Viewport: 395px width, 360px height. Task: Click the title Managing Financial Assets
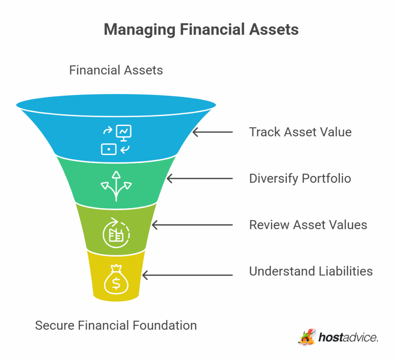pyautogui.click(x=201, y=30)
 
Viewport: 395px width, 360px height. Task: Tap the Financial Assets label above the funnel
pyautogui.click(x=116, y=70)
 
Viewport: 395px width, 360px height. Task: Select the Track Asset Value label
pyautogui.click(x=300, y=132)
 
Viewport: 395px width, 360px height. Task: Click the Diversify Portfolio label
pyautogui.click(x=300, y=178)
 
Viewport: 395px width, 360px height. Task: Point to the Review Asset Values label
pyautogui.click(x=308, y=225)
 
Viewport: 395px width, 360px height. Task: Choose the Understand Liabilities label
pyautogui.click(x=311, y=271)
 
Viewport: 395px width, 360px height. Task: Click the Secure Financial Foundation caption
pyautogui.click(x=116, y=325)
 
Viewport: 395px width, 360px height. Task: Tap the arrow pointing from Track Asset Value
pyautogui.click(x=213, y=132)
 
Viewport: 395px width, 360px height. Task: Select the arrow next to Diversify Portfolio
pyautogui.click(x=199, y=178)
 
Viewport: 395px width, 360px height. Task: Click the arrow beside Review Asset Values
pyautogui.click(x=192, y=225)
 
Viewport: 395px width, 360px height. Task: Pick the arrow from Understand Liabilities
pyautogui.click(x=187, y=275)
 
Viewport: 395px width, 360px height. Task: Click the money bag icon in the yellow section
pyautogui.click(x=116, y=278)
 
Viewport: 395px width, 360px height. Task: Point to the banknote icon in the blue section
pyautogui.click(x=109, y=149)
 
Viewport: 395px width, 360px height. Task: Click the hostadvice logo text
pyautogui.click(x=348, y=338)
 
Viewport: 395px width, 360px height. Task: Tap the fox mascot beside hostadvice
pyautogui.click(x=307, y=336)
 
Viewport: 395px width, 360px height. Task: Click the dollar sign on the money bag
pyautogui.click(x=116, y=283)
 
